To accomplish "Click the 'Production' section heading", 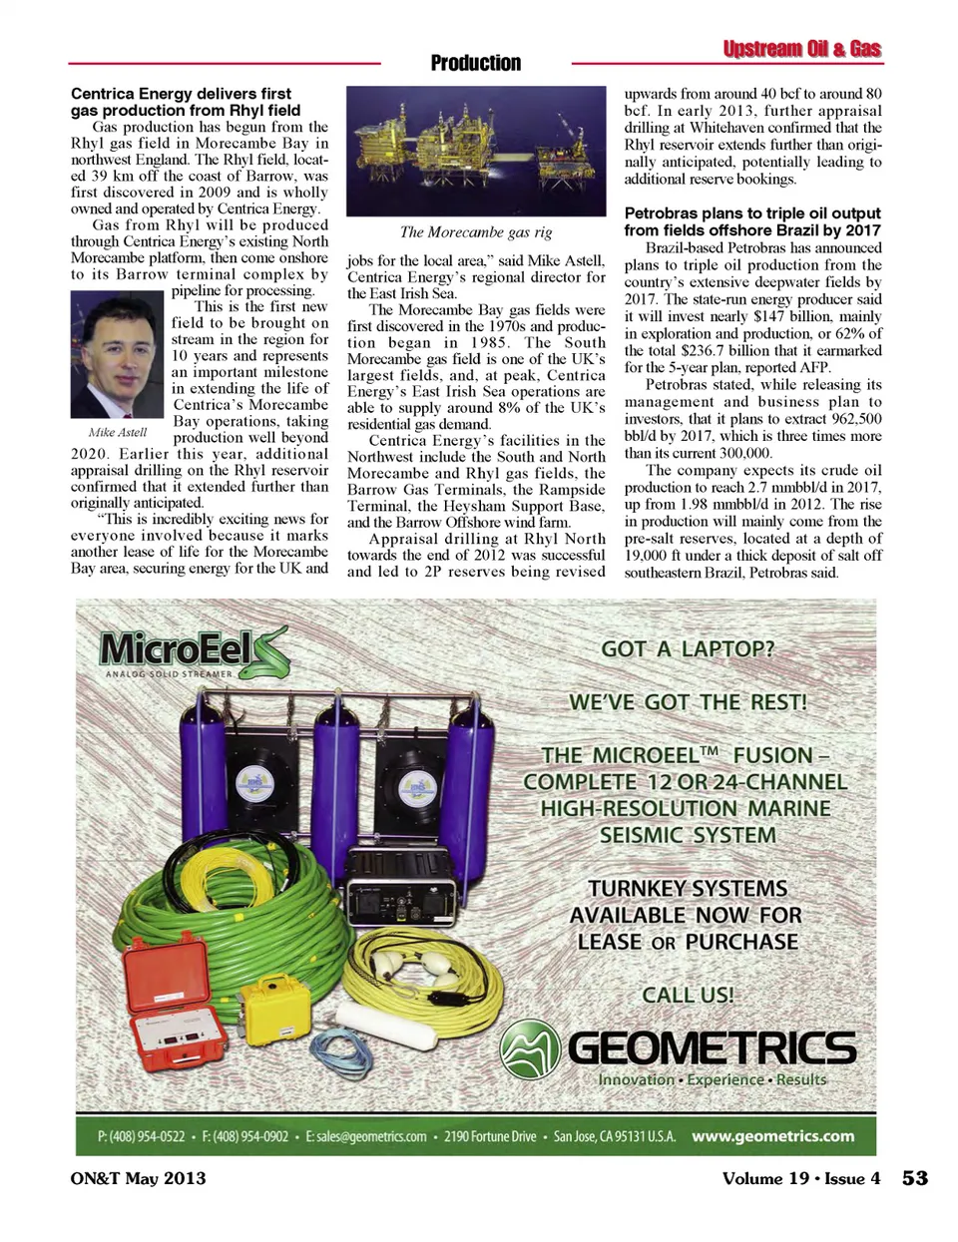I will pyautogui.click(x=476, y=63).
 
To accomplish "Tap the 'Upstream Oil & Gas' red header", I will pyautogui.click(x=801, y=49).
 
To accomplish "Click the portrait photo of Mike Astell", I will pyautogui.click(x=117, y=354).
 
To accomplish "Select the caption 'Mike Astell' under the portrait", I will pyautogui.click(x=117, y=432).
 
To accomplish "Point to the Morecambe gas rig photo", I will pyautogui.click(x=476, y=151).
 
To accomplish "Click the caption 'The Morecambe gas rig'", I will pyautogui.click(x=476, y=232).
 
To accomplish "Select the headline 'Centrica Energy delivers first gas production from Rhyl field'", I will pyautogui.click(x=186, y=102).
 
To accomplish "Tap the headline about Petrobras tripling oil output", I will pyautogui.click(x=752, y=221).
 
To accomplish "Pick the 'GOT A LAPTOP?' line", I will pyautogui.click(x=688, y=649).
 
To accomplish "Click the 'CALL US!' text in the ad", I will pyautogui.click(x=688, y=995).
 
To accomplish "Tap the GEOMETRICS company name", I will pyautogui.click(x=712, y=1047).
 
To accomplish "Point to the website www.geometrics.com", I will pyautogui.click(x=772, y=1135).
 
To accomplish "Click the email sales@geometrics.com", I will pyautogui.click(x=366, y=1136).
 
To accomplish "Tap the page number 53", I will pyautogui.click(x=914, y=1178).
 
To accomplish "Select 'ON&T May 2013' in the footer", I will pyautogui.click(x=139, y=1178).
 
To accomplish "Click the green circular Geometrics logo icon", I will pyautogui.click(x=530, y=1050).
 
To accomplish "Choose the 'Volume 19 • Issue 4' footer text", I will pyautogui.click(x=801, y=1178).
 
